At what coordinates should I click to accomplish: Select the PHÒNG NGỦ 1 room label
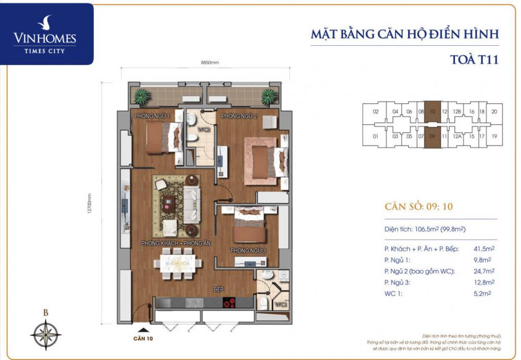pyautogui.click(x=152, y=116)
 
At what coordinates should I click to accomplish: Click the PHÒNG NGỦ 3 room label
pyautogui.click(x=249, y=251)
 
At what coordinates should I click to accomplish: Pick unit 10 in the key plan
pyautogui.click(x=432, y=111)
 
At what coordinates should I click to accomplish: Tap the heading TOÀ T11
pyautogui.click(x=474, y=59)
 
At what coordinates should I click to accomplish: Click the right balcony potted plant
pyautogui.click(x=268, y=96)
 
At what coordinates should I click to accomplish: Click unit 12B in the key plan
pyautogui.click(x=457, y=111)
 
